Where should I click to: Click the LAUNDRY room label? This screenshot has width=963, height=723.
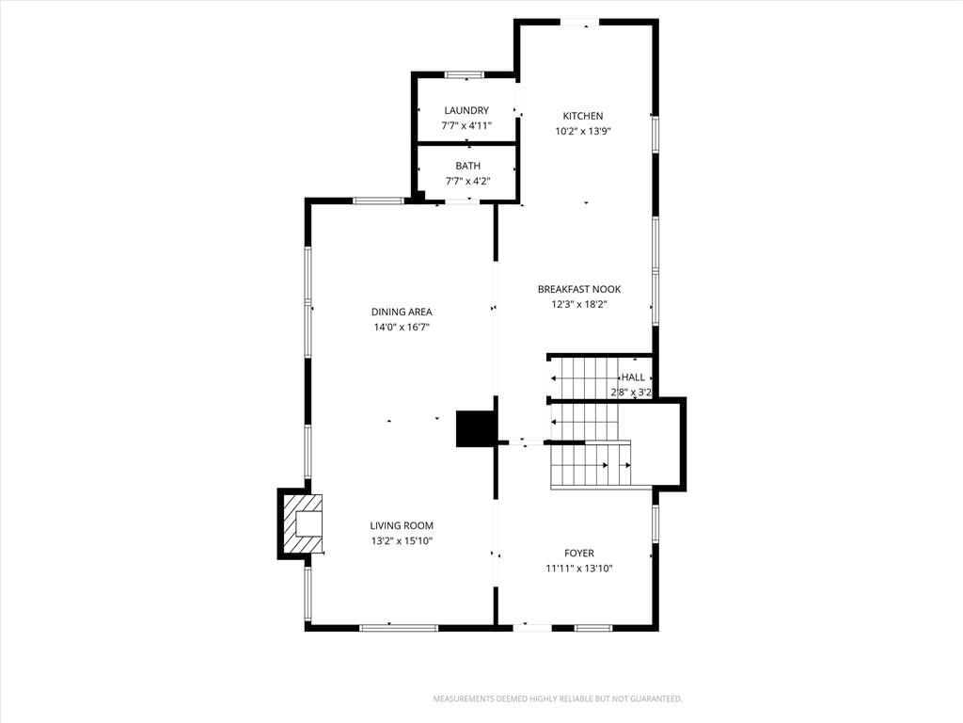coord(466,111)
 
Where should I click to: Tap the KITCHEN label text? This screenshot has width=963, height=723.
coord(583,116)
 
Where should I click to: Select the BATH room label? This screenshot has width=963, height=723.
coord(468,166)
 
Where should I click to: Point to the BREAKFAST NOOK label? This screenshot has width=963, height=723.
coord(579,289)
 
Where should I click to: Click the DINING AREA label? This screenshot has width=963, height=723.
coord(402,312)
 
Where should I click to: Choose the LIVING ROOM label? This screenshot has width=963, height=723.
coord(402,525)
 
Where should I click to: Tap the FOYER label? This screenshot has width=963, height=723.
coord(579,554)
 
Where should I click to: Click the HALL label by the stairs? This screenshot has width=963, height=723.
coord(633,377)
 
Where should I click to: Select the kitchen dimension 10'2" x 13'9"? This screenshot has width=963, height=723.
coord(583,131)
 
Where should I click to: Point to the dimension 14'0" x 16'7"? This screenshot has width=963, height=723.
coord(402,327)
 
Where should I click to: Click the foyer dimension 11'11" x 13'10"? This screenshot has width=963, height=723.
coord(579,569)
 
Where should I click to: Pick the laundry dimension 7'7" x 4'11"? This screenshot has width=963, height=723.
coord(466,125)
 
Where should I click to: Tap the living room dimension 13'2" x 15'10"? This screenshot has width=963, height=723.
coord(402,541)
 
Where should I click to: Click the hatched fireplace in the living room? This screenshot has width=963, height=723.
coord(301,523)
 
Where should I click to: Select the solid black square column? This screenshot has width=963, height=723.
coord(475,428)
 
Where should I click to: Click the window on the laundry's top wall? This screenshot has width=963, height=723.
coord(465,75)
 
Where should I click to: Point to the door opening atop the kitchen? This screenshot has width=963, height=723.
coord(579,23)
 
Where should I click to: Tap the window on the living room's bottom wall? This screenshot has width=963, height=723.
coord(399,628)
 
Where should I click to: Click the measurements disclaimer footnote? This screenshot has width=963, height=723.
coord(558,699)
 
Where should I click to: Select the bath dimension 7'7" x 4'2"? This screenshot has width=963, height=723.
coord(468,181)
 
